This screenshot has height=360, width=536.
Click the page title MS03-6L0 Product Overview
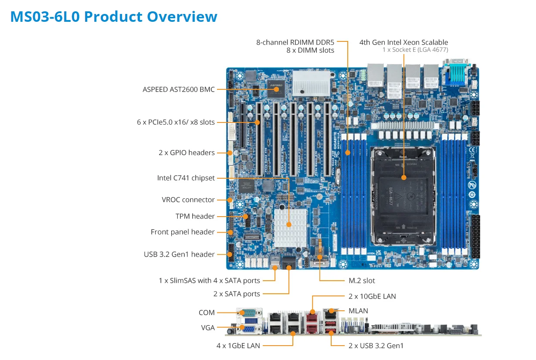pyautogui.click(x=113, y=17)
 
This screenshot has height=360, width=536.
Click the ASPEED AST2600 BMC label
pyautogui.click(x=179, y=89)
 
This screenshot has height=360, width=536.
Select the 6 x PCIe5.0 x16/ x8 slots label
pyautogui.click(x=176, y=122)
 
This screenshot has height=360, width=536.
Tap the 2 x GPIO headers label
pyautogui.click(x=187, y=153)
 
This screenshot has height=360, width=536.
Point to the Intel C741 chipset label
pyautogui.click(x=186, y=178)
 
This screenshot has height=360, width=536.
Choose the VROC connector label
pyautogui.click(x=188, y=200)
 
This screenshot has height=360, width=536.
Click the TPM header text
pyautogui.click(x=195, y=216)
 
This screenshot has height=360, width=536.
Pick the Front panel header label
pyautogui.click(x=183, y=232)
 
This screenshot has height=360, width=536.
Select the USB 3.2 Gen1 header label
pyautogui.click(x=179, y=254)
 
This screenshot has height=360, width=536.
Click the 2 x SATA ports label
pyautogui.click(x=237, y=294)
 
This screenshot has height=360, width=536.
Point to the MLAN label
pyautogui.click(x=358, y=311)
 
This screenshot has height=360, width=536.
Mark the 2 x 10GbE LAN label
pyautogui.click(x=372, y=296)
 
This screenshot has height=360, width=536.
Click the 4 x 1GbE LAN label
pyautogui.click(x=238, y=346)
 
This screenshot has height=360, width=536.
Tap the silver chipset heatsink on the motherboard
pyautogui.click(x=289, y=224)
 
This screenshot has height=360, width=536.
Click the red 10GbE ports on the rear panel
pyautogui.click(x=312, y=322)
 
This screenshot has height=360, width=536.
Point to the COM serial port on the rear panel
pyautogui.click(x=250, y=312)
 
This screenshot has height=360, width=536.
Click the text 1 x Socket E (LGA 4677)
pyautogui.click(x=415, y=50)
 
